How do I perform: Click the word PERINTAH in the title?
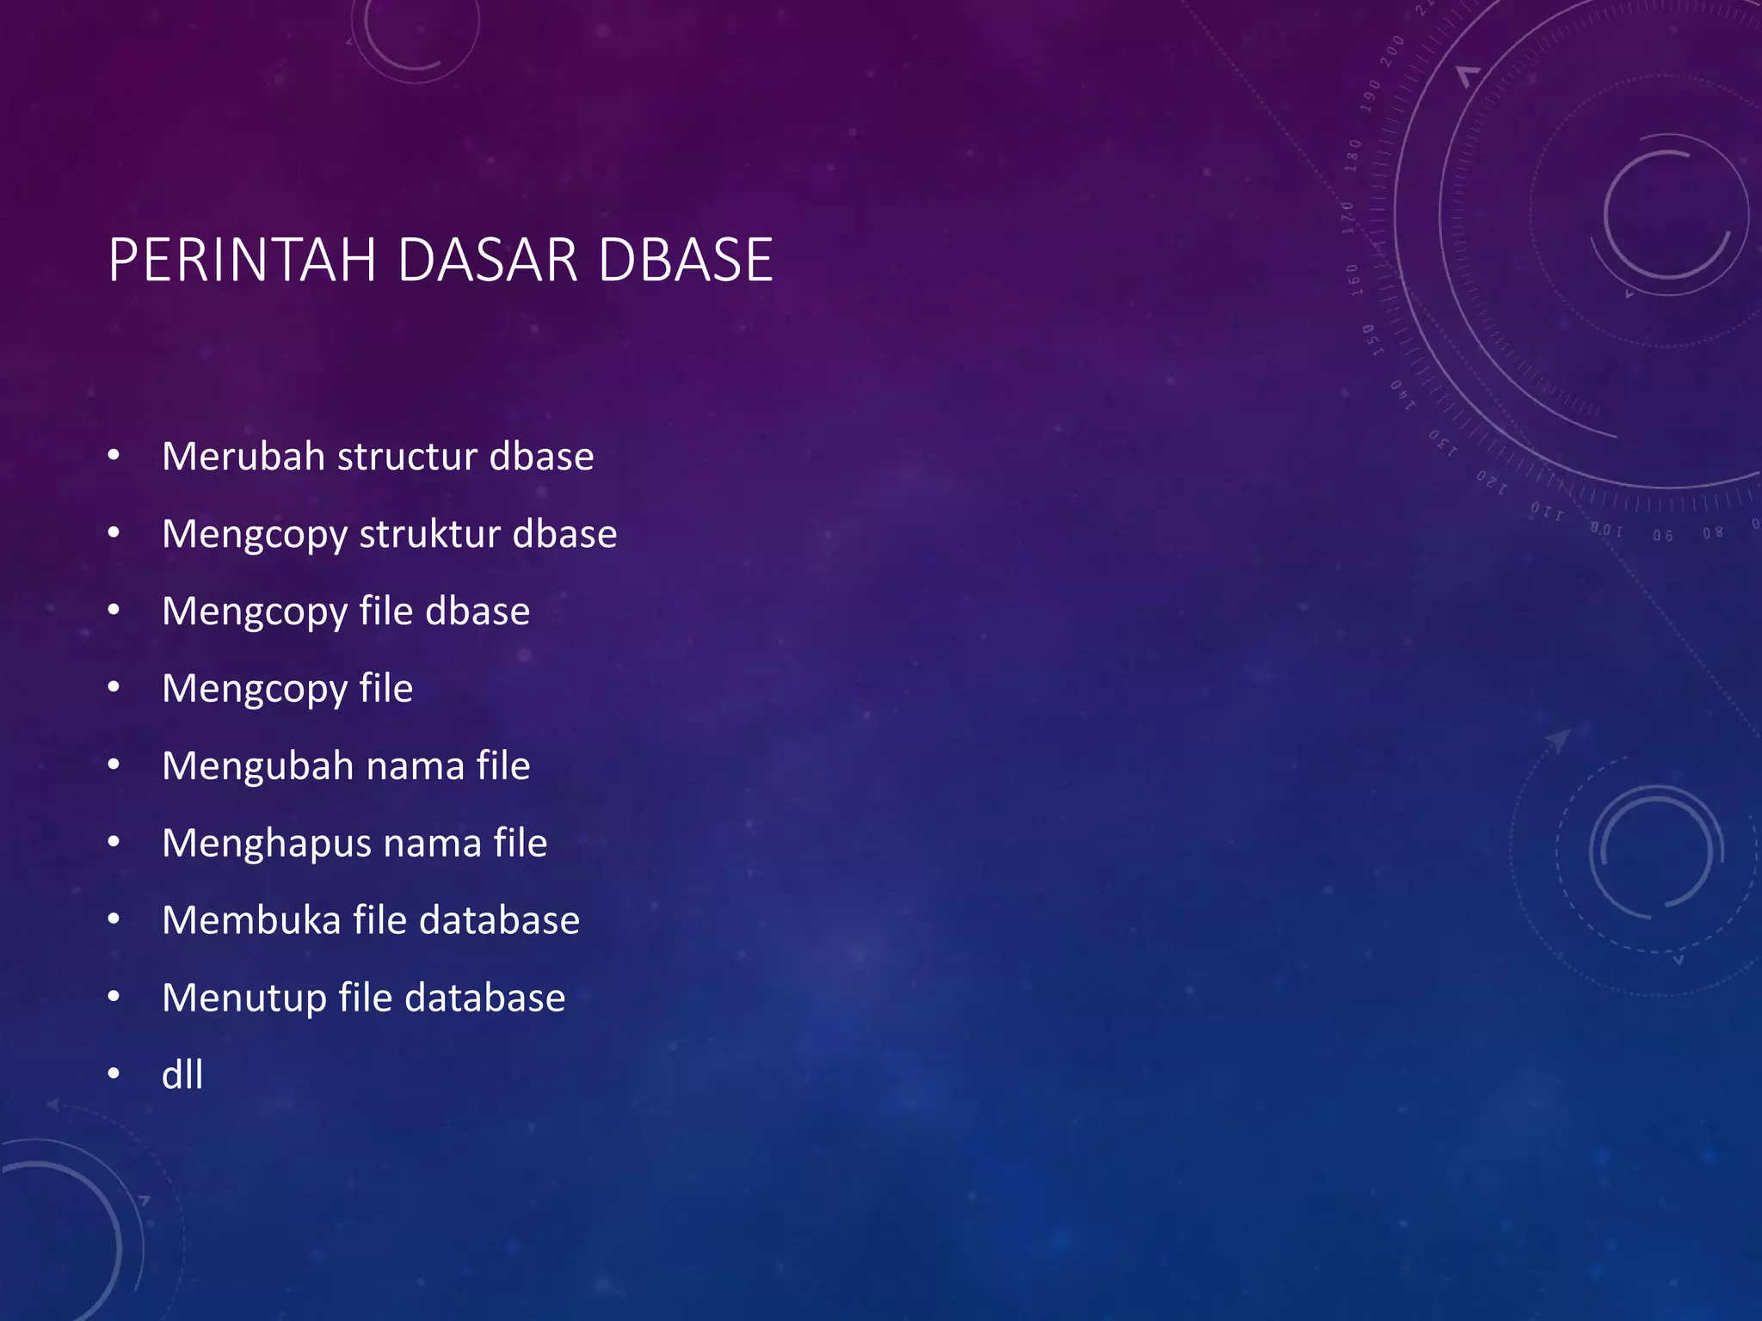pyautogui.click(x=243, y=260)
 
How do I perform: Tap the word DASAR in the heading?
pyautogui.click(x=487, y=260)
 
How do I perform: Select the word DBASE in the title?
pyautogui.click(x=686, y=260)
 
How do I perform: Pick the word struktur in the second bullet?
pyautogui.click(x=429, y=534)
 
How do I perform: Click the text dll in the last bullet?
pyautogui.click(x=182, y=1075)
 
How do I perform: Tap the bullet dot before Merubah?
pyautogui.click(x=114, y=456)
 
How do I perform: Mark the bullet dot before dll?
pyautogui.click(x=114, y=1074)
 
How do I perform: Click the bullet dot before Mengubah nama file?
pyautogui.click(x=114, y=765)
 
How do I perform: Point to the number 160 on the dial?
pyautogui.click(x=1354, y=280)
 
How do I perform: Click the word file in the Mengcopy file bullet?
pyautogui.click(x=385, y=688)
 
